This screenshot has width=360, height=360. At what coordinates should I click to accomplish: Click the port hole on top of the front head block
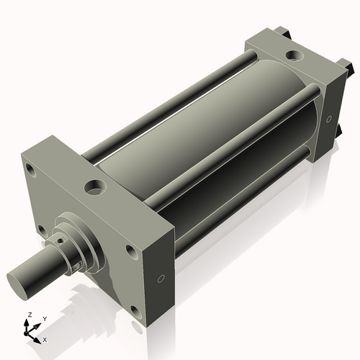point(94,188)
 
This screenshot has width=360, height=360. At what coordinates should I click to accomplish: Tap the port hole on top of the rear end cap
point(294,55)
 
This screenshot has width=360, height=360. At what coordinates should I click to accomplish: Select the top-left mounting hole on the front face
point(30,171)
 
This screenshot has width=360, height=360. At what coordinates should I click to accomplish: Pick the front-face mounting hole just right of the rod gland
point(130,251)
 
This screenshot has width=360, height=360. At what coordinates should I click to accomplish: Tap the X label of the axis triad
point(45,338)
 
